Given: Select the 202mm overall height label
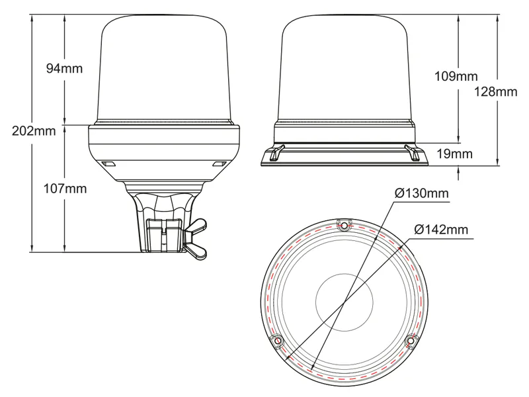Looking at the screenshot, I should tap(34, 130).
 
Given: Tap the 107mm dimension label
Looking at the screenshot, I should tap(65, 189).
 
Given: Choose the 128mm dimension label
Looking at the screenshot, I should tap(496, 92).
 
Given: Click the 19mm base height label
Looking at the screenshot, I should tap(454, 154).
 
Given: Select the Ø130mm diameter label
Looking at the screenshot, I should tap(421, 193).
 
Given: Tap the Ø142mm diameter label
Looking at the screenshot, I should tap(441, 230).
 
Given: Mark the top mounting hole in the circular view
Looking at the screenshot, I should tap(343, 224).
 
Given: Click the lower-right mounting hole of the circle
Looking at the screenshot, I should tap(411, 340).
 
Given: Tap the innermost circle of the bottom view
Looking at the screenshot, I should tap(344, 302).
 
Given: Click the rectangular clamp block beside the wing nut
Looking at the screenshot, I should tap(164, 236).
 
